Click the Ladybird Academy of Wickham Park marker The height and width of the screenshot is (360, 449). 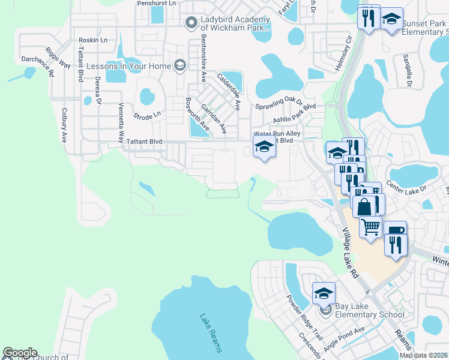191,23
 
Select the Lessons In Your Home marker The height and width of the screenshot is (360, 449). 179,65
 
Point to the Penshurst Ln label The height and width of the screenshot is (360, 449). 156,3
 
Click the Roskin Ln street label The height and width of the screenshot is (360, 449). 93,40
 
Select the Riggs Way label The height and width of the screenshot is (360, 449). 62,56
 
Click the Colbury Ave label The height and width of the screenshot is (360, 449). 64,125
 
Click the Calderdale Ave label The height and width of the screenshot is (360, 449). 229,92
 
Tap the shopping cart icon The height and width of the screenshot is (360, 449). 371,227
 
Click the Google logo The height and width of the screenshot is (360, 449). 20,353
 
